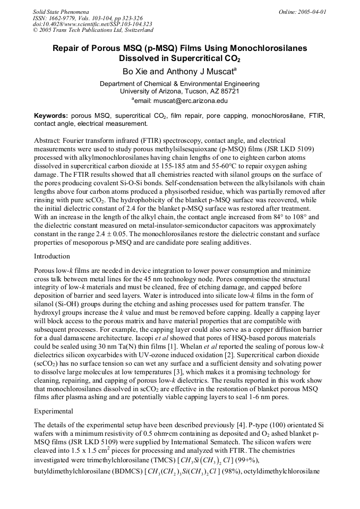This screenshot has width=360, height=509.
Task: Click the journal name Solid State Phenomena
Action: coord(61,11)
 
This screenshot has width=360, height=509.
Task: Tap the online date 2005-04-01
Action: coord(311,11)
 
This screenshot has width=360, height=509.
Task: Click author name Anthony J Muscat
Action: coord(198,71)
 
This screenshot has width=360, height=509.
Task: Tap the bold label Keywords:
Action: coord(51,116)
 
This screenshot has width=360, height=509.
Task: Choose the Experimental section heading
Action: coord(54,410)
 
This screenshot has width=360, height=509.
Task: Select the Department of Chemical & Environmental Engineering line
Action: coord(179,83)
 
